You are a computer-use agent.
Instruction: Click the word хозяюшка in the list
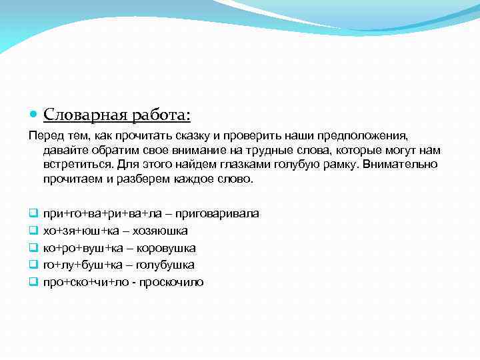161,231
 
